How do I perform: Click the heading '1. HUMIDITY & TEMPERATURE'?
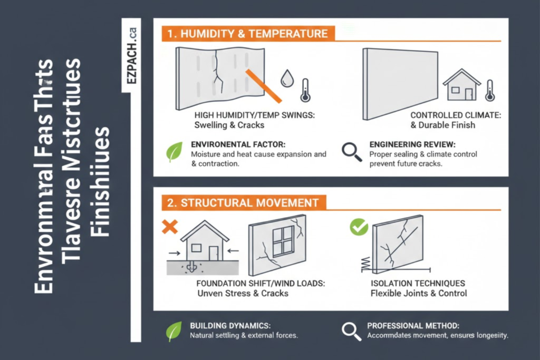click(x=247, y=34)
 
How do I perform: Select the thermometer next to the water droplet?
click(x=305, y=90)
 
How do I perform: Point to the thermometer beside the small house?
click(x=489, y=90)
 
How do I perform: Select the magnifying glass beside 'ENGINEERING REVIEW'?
click(x=352, y=152)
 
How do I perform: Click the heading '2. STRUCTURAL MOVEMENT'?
click(x=243, y=202)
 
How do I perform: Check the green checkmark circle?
click(x=359, y=227)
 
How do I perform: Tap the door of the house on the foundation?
click(x=213, y=254)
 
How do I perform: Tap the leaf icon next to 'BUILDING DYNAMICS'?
click(x=174, y=332)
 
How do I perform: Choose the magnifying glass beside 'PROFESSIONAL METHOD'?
click(x=351, y=330)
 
